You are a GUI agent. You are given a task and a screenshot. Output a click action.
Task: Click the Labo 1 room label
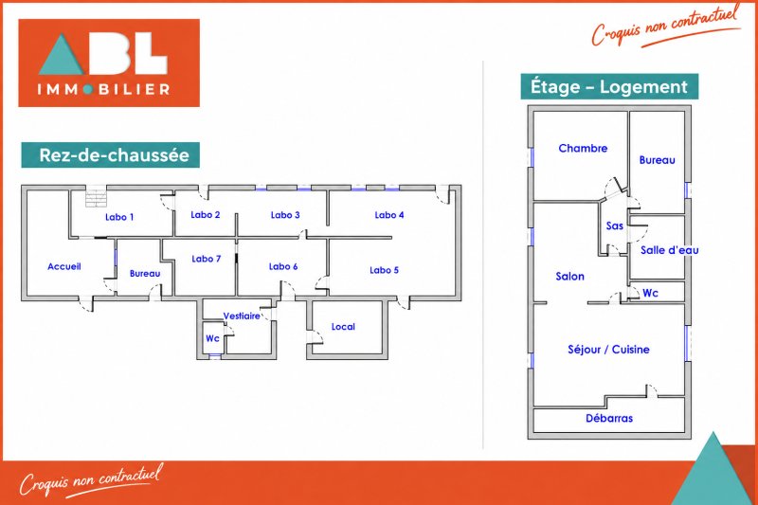119,217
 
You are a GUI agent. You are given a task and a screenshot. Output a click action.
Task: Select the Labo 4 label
389,215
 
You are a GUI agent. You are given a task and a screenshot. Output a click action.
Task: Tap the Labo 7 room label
206,259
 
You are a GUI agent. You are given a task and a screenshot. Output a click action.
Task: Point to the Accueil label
63,266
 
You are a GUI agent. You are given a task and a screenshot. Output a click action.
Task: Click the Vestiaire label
242,316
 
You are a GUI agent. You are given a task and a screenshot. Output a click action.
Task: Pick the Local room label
343,327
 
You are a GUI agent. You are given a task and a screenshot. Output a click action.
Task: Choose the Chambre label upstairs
583,149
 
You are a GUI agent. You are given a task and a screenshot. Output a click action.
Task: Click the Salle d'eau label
670,250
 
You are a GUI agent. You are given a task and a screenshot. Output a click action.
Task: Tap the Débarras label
609,418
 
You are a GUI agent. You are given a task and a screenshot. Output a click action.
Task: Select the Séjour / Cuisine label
608,349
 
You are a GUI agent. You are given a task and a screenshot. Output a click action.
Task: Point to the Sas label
614,225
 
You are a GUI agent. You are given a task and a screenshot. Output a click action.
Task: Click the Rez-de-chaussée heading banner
110,155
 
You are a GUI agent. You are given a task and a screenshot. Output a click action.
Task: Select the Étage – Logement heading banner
609,87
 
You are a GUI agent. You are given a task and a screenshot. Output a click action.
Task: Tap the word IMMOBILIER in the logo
103,89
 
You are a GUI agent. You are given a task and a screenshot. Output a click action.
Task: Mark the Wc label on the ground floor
212,338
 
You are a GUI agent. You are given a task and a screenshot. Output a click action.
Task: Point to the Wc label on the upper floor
650,293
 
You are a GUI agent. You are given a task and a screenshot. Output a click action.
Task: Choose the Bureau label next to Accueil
145,274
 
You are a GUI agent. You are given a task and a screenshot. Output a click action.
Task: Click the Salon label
570,277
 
